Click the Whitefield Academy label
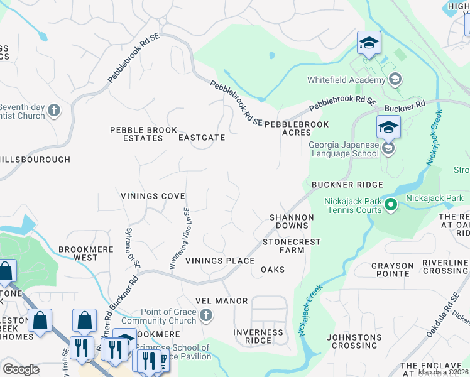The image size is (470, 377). click(x=346, y=80)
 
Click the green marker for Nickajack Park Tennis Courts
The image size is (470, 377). click(x=390, y=205)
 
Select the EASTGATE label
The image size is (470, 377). click(x=201, y=138)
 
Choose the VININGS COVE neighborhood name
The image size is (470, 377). click(x=153, y=196)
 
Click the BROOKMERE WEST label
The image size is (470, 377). click(x=86, y=253)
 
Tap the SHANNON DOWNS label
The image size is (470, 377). click(x=291, y=221)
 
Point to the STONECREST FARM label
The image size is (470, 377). click(x=292, y=246)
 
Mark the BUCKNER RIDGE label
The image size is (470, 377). click(x=347, y=185)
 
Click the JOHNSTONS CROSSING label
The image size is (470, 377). click(x=354, y=341)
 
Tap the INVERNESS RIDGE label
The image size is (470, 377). click(x=258, y=336)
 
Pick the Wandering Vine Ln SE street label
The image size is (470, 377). click(x=179, y=239)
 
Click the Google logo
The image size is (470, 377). click(x=21, y=369)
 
